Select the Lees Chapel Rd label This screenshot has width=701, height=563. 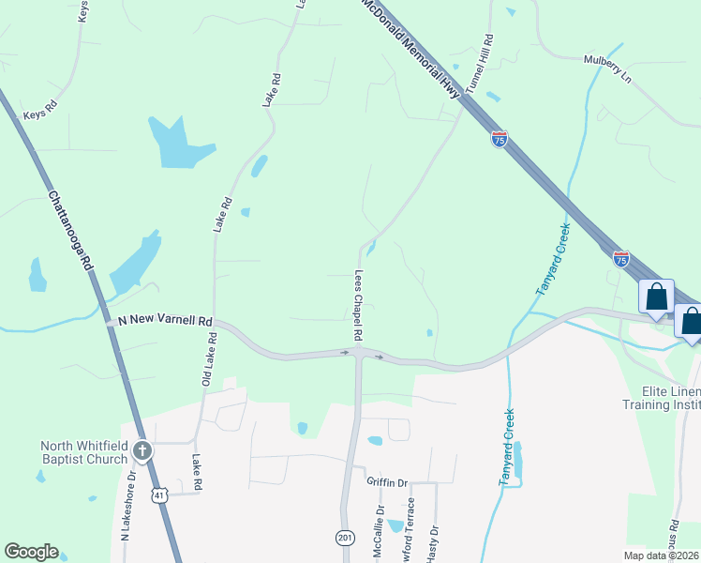coord(358,306)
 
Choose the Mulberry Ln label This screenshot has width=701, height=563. coord(607,69)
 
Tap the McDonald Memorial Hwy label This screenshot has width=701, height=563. coord(412,47)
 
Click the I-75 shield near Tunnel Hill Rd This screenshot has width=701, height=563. coord(499,140)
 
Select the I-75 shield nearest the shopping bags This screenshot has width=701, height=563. coord(620,259)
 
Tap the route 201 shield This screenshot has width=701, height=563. coord(344,537)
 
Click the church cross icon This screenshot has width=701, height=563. coord(142,451)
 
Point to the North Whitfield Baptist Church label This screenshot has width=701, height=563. coord(82,452)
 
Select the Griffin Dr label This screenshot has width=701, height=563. coord(387,482)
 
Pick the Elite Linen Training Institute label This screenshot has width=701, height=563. coord(661,397)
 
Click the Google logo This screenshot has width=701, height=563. coord(31,552)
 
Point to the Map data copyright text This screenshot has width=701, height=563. coord(662,555)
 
